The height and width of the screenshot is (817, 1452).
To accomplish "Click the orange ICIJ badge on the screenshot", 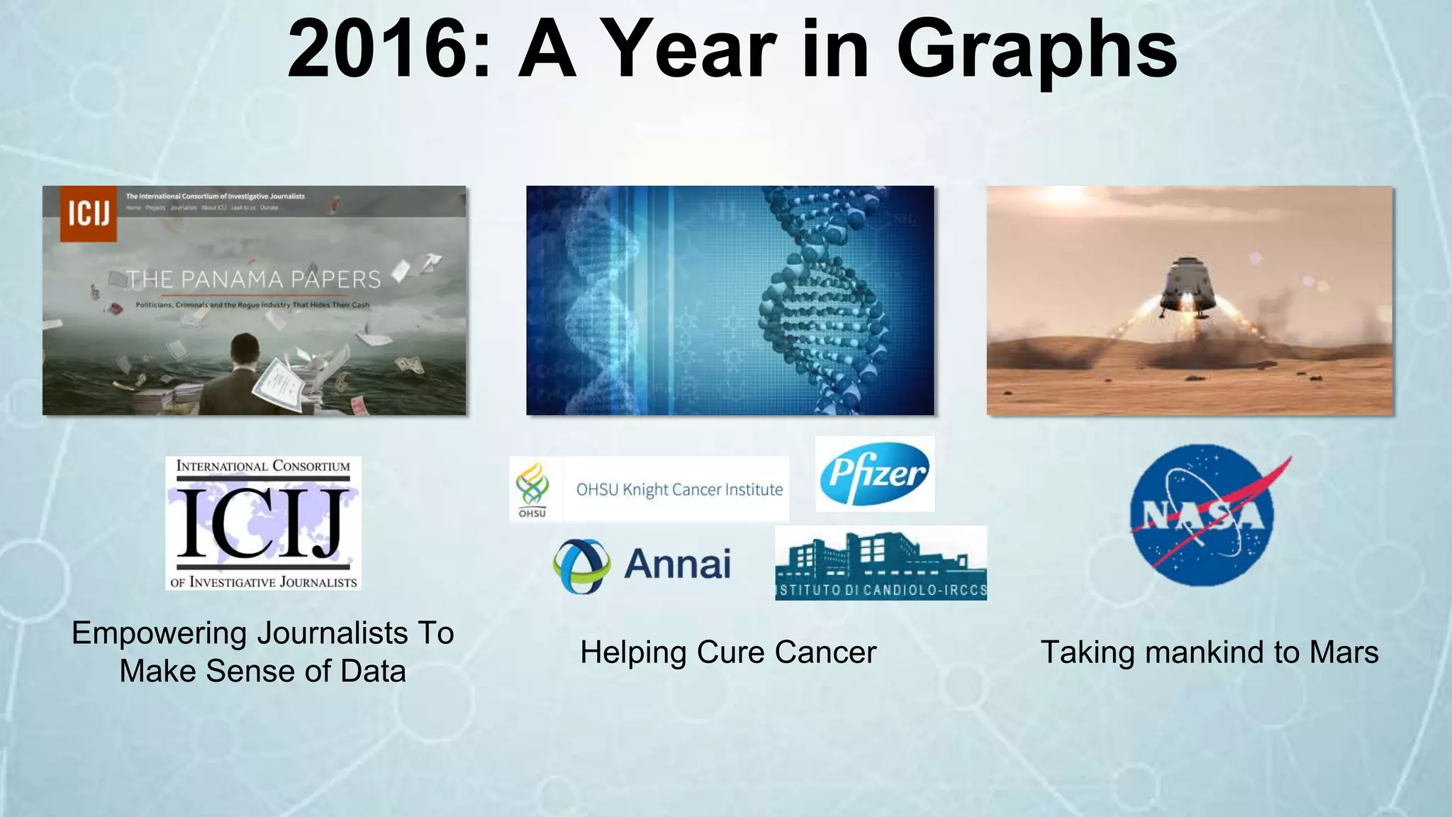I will click(88, 213).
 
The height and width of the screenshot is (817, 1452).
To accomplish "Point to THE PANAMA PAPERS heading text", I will click(254, 279).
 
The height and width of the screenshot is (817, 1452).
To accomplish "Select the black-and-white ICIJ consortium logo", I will click(263, 523).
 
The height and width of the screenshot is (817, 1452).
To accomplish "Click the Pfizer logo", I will click(875, 474).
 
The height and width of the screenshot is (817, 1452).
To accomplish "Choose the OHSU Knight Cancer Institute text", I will click(679, 489).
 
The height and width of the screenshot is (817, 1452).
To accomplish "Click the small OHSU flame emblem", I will click(532, 484).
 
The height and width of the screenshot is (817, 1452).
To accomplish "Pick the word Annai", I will click(677, 565).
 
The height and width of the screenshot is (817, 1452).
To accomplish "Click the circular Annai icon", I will click(581, 565).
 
